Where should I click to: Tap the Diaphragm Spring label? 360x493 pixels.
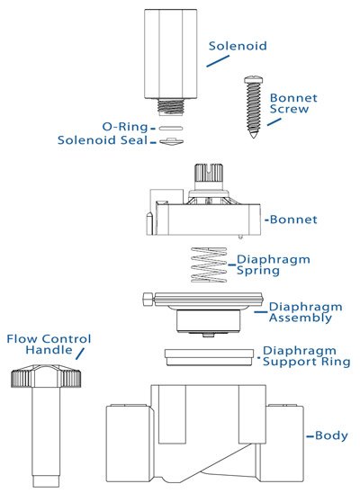click(273, 265)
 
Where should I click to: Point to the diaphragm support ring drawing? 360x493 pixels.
click(206, 355)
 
